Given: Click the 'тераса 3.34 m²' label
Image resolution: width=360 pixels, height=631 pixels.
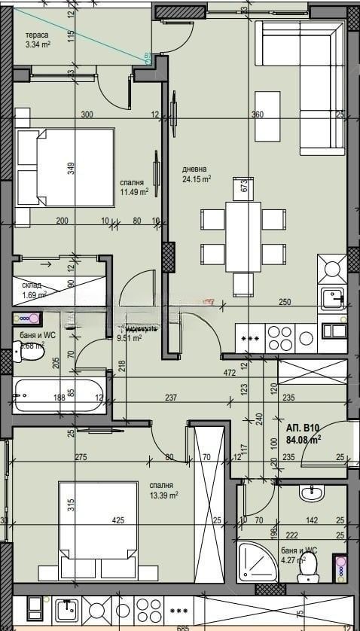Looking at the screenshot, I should pos(38,40).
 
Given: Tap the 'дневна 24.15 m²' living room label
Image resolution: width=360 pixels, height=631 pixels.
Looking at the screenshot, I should pos(196,174).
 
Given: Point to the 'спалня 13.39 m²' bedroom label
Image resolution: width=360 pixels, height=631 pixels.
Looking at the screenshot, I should pos(163,490).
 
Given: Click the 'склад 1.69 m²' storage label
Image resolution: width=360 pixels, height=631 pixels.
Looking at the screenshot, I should pos(34,290).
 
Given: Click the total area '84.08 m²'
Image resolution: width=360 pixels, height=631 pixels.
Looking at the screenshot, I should pos(304,439).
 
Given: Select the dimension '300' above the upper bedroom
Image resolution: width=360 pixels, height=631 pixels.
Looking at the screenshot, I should pos(87,115).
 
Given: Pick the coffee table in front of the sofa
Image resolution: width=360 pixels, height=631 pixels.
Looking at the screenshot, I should pos(266,116).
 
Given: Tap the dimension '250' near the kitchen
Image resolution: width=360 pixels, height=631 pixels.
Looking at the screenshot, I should pos(284,302).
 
